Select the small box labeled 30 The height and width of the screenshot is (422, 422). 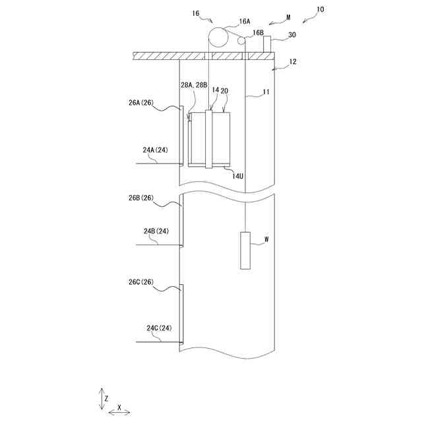(268, 44)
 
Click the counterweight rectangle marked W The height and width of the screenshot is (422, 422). (245, 251)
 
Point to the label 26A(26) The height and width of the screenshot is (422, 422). (142, 103)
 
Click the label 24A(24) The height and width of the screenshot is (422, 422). (155, 150)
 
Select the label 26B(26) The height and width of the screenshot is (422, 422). (142, 198)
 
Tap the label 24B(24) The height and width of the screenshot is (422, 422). (157, 231)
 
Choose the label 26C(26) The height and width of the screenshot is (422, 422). (141, 282)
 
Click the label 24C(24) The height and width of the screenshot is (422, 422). (159, 328)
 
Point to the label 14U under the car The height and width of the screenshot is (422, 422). (238, 175)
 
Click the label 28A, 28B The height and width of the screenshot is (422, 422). (194, 84)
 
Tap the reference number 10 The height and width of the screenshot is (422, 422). (320, 10)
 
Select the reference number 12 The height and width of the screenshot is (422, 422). (293, 62)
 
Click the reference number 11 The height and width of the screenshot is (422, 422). (266, 93)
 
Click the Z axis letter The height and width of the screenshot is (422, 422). (106, 399)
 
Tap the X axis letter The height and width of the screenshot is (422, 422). (119, 407)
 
